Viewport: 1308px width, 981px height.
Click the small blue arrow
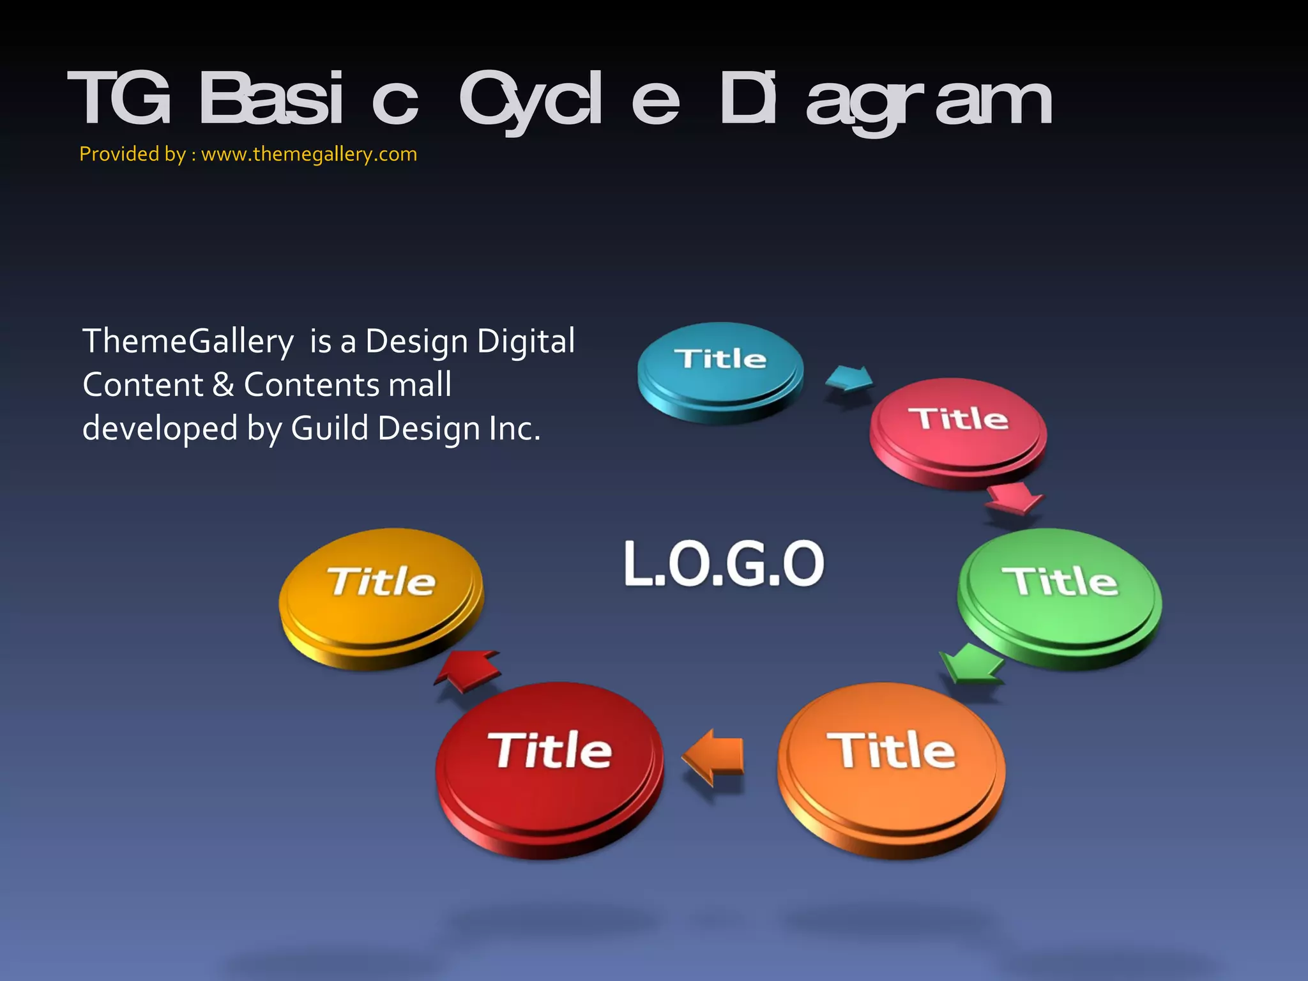coord(848,379)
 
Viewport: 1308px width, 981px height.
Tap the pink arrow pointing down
coord(1013,497)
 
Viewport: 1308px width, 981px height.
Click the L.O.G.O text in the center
coord(724,563)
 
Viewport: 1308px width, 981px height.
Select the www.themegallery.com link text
coord(309,155)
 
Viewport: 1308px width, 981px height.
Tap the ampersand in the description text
coord(223,384)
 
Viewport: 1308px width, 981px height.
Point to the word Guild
coord(330,428)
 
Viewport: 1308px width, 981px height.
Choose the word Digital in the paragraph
coord(526,341)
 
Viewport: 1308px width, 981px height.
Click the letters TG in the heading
coord(119,99)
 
